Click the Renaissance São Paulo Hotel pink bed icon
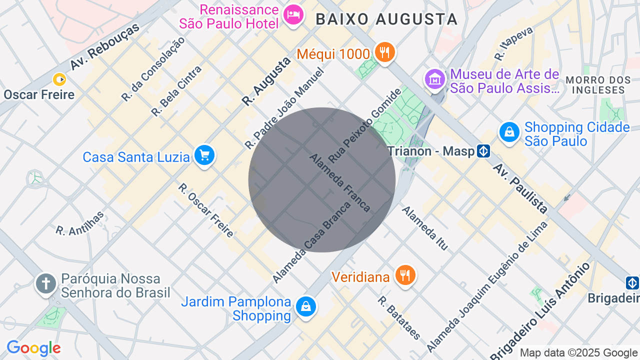pyautogui.click(x=293, y=15)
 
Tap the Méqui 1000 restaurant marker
pyautogui.click(x=384, y=52)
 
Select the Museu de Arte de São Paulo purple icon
pyautogui.click(x=434, y=79)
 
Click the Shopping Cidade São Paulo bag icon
pyautogui.click(x=509, y=132)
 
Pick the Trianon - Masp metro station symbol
pyautogui.click(x=483, y=151)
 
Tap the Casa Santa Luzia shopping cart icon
pyautogui.click(x=204, y=155)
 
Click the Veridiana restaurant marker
pyautogui.click(x=405, y=275)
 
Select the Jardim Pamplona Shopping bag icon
pyautogui.click(x=305, y=307)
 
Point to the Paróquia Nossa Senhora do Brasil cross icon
pyautogui.click(x=45, y=284)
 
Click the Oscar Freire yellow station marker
pyautogui.click(x=59, y=79)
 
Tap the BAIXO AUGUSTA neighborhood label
pyautogui.click(x=386, y=19)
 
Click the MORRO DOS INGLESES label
pyautogui.click(x=598, y=85)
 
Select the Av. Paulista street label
pyautogui.click(x=520, y=187)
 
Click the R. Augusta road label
pyautogui.click(x=266, y=81)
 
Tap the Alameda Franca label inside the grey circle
pyautogui.click(x=340, y=182)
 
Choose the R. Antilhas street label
pyautogui.click(x=80, y=223)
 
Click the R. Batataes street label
pyautogui.click(x=399, y=318)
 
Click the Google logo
pyautogui.click(x=33, y=348)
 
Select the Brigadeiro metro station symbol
pyautogui.click(x=632, y=283)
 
